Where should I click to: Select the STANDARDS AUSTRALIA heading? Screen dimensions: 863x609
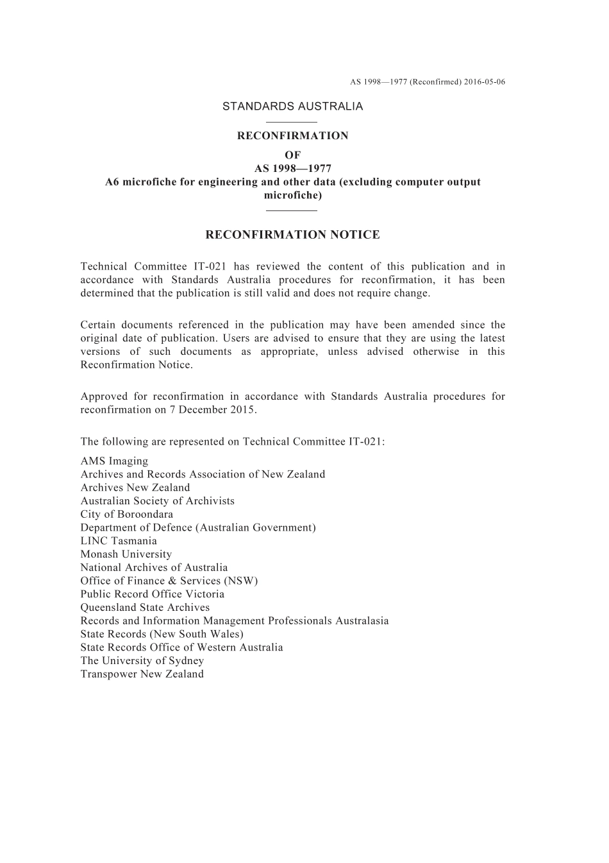(x=292, y=107)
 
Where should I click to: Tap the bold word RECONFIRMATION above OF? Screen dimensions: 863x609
(x=292, y=136)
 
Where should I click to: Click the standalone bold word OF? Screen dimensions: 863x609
(x=292, y=155)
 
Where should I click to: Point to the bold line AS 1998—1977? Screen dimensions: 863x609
(x=292, y=169)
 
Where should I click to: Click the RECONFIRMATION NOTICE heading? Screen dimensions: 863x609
(x=292, y=235)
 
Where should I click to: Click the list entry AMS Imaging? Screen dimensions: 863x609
(x=114, y=461)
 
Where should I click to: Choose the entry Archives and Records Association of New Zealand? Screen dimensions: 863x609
(x=203, y=475)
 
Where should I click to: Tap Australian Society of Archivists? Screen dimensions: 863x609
(x=157, y=501)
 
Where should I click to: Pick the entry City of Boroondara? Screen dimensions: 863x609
(x=126, y=515)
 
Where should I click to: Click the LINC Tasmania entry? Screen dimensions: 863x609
(x=119, y=541)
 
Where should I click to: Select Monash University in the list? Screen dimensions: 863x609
(x=126, y=554)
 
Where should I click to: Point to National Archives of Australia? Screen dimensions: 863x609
(x=154, y=568)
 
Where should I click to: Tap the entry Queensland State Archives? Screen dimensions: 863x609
(x=145, y=608)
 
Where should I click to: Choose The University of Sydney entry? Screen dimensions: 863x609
(x=142, y=661)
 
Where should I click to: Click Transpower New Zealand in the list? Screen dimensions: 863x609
(x=142, y=674)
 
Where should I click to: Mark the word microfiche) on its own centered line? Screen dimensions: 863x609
(x=292, y=195)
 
